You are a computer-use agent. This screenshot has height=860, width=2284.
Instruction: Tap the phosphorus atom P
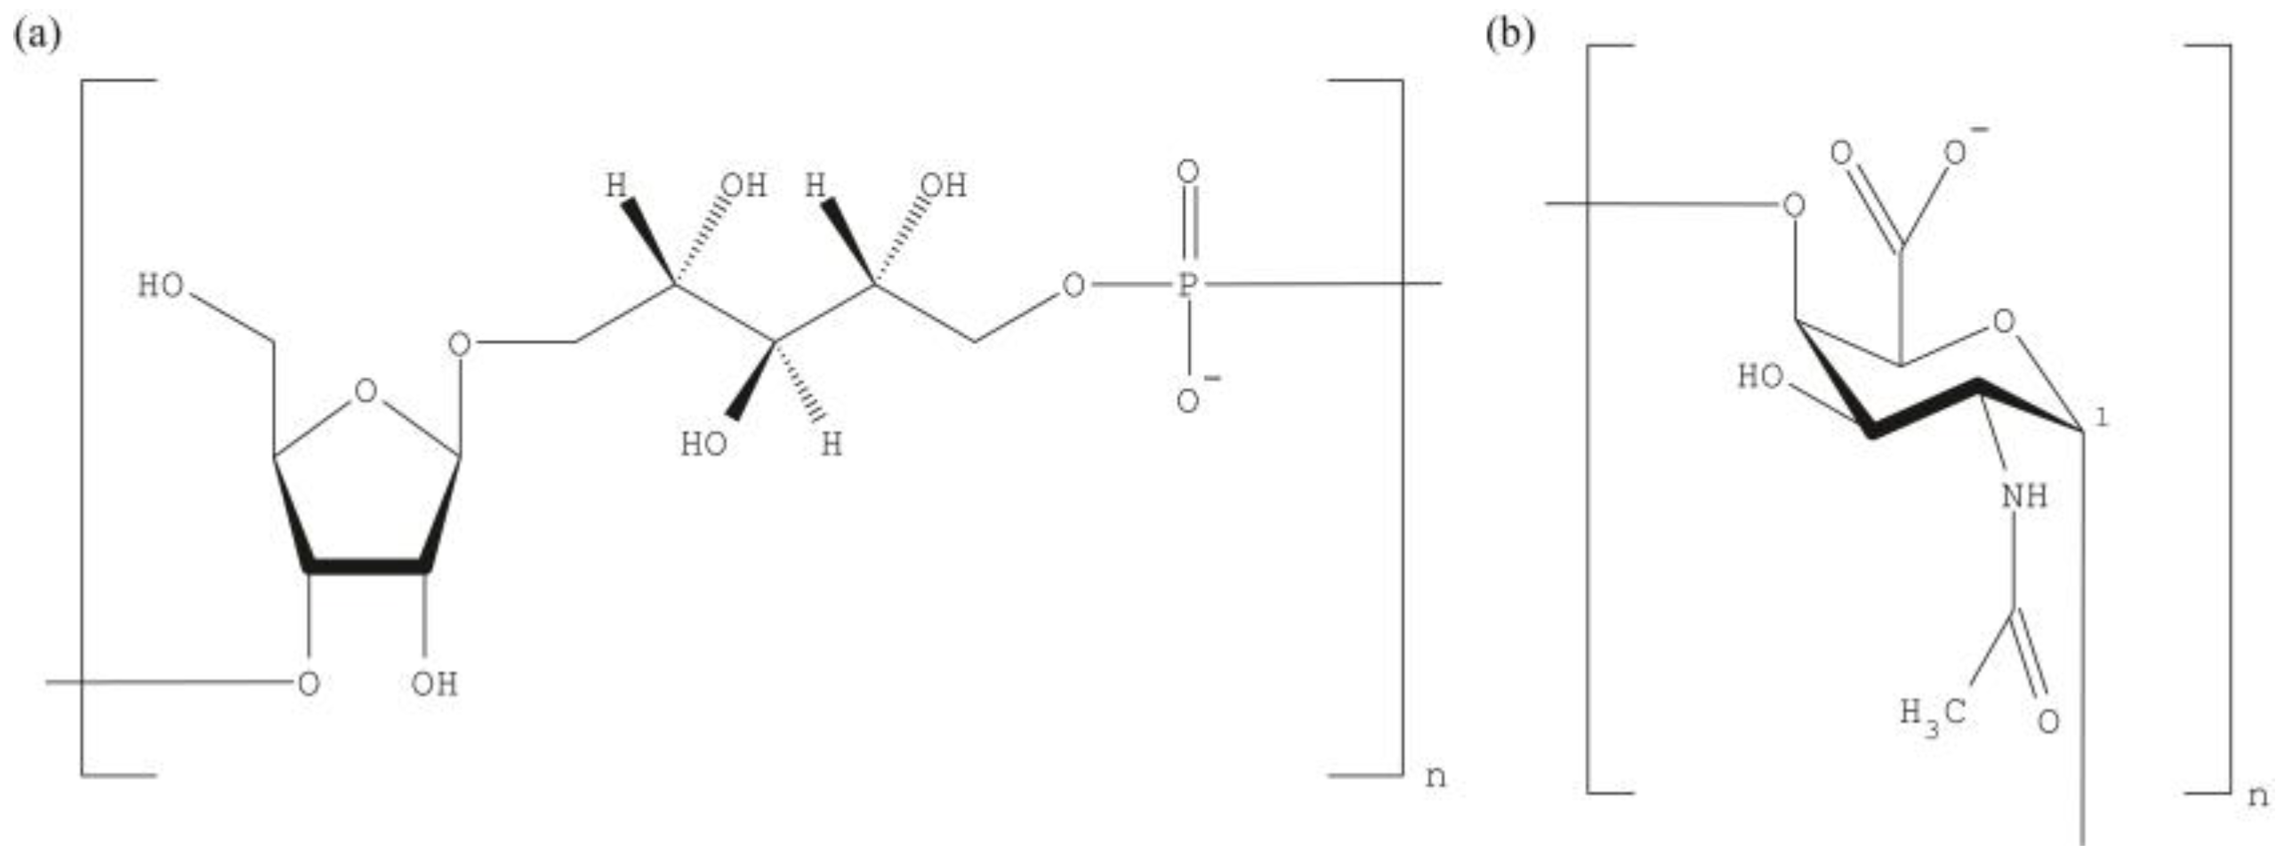point(1187,285)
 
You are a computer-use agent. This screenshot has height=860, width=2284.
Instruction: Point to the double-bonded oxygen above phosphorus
point(1187,172)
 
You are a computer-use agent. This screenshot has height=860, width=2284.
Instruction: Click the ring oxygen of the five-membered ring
point(366,391)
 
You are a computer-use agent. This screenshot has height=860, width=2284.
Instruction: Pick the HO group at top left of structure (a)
point(161,286)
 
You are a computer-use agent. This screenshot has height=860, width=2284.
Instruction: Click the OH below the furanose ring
point(434,684)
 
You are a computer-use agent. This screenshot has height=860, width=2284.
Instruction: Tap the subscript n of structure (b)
point(2258,796)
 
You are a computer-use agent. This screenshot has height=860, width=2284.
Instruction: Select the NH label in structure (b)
point(2024,496)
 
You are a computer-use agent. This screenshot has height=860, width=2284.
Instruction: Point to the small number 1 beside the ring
point(2101,418)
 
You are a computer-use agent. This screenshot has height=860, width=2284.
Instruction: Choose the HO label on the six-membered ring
point(1761,377)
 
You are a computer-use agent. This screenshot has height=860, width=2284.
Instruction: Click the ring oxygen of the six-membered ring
point(2003,322)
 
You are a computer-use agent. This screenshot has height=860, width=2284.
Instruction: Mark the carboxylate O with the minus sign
point(1955,153)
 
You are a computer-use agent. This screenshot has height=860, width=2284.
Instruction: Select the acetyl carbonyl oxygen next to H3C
point(2048,720)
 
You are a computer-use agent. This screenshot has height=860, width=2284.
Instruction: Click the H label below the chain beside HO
point(831,445)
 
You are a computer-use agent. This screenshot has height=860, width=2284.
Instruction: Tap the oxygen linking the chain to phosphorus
point(1074,285)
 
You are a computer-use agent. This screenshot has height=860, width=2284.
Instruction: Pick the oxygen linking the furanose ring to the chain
point(460,343)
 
